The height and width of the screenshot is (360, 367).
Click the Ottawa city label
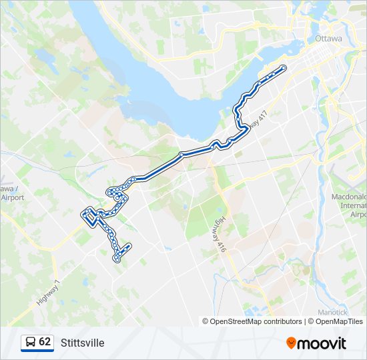328,39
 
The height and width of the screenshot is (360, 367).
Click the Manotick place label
331,311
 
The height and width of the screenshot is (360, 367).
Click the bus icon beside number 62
31,342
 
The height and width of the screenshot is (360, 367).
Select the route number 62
45,342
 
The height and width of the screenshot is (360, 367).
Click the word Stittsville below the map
82,343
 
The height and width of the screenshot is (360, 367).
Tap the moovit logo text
322,343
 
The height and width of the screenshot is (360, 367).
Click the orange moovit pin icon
291,343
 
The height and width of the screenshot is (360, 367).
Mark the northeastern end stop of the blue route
284,68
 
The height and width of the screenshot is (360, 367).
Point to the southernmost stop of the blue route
117,260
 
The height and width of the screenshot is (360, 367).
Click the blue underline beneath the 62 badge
37,351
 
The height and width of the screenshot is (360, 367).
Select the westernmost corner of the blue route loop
83,214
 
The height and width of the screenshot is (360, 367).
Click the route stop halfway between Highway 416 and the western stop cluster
181,155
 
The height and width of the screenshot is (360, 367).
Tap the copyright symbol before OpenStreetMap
206,321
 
